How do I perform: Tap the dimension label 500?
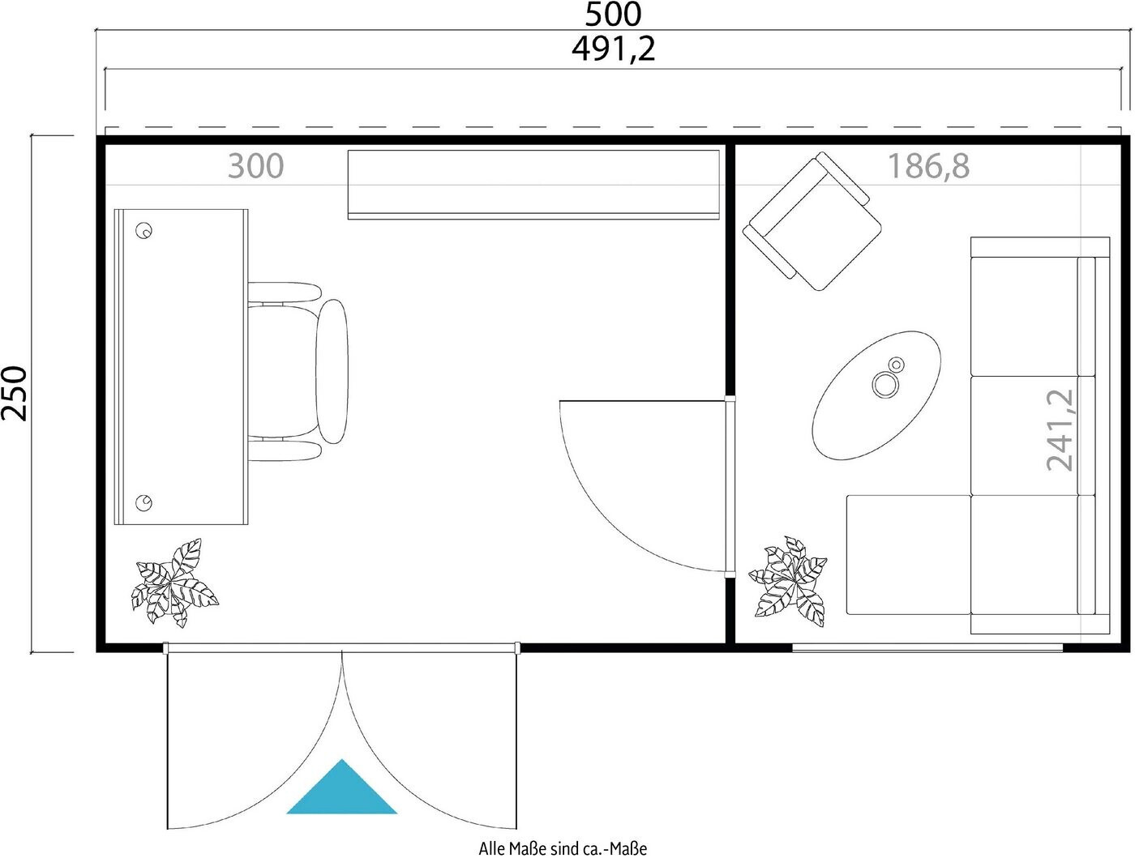[x=613, y=15]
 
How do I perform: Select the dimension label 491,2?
[x=613, y=49]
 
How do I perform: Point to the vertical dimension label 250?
[x=15, y=394]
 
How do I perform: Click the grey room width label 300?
[x=255, y=166]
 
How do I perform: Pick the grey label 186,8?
[x=928, y=166]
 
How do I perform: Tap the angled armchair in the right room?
[x=812, y=220]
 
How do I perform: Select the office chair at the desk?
[x=298, y=371]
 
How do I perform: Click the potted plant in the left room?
[x=174, y=583]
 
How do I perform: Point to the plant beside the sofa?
[x=787, y=581]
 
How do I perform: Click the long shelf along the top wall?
[x=533, y=185]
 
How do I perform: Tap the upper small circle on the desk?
[x=143, y=230]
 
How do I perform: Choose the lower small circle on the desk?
[x=143, y=502]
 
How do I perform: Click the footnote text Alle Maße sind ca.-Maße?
[x=563, y=849]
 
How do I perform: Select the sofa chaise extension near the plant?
[x=909, y=554]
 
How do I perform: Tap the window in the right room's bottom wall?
[x=927, y=648]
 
